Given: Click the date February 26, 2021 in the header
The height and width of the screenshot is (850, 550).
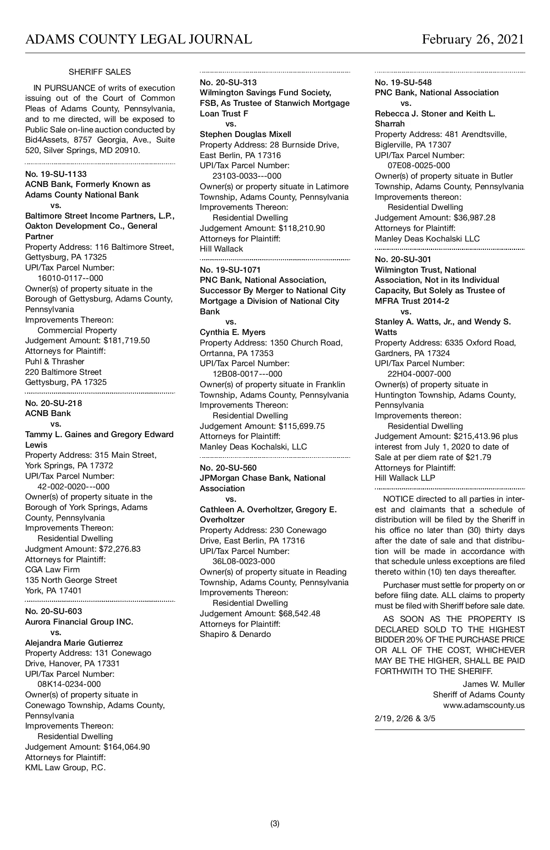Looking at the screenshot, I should (x=473, y=39).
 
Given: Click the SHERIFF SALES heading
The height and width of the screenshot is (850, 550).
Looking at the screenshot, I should (x=99, y=72).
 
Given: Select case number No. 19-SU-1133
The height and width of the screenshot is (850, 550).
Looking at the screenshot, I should (x=56, y=174).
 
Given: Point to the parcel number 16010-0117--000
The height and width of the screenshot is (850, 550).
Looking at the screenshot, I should (x=70, y=278).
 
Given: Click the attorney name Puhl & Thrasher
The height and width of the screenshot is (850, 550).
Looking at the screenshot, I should (x=55, y=362).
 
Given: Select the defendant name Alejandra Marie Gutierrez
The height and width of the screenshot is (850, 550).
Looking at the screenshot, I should (x=74, y=643).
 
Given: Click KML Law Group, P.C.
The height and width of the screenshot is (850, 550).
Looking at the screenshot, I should (x=65, y=768).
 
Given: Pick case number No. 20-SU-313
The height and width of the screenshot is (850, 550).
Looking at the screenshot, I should (x=228, y=82).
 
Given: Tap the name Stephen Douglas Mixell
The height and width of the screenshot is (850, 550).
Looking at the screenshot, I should (x=245, y=134).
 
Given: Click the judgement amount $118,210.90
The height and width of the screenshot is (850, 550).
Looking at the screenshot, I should (x=302, y=228).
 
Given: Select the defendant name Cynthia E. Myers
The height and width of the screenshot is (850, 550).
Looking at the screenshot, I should (x=232, y=332).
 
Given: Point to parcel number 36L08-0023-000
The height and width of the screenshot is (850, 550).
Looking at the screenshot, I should (x=244, y=561).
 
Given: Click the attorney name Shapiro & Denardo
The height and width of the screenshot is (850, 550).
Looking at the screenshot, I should (x=235, y=634).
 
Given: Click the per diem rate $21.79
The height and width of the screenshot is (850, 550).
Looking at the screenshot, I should (x=478, y=457).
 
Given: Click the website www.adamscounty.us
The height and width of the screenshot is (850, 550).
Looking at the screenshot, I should (x=484, y=705).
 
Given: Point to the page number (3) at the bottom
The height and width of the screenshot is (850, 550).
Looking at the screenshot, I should (x=275, y=823).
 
